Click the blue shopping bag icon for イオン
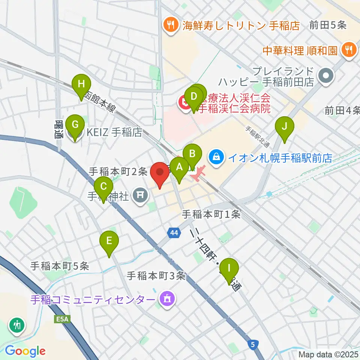[217, 156]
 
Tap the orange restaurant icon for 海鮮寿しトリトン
[171, 25]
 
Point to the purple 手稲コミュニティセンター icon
[166, 299]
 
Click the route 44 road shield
[173, 233]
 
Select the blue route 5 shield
[254, 344]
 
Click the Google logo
[25, 351]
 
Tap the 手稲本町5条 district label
[60, 266]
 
